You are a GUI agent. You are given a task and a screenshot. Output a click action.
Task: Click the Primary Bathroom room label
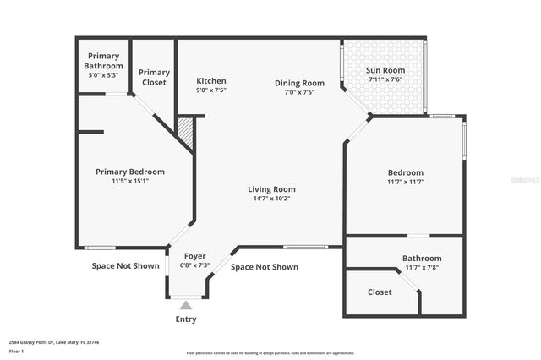(103, 61)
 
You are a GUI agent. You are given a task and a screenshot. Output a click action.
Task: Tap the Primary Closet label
(154, 77)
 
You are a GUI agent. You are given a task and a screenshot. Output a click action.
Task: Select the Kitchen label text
(210, 80)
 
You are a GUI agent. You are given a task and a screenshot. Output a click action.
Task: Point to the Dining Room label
(299, 83)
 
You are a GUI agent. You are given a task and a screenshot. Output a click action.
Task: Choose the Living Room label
(271, 189)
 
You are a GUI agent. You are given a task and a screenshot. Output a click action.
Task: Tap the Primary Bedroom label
(129, 172)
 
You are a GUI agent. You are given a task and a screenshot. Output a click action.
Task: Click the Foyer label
(194, 256)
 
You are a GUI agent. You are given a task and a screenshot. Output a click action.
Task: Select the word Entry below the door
(185, 319)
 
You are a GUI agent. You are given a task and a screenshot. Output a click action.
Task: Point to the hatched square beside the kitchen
(186, 134)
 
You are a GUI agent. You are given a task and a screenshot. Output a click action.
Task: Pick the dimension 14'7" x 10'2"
(271, 199)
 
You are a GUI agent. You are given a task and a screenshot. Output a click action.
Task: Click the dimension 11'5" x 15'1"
(129, 182)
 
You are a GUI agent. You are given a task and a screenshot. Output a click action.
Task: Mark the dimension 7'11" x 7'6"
(385, 79)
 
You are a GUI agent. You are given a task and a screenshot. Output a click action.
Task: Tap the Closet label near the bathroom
(380, 292)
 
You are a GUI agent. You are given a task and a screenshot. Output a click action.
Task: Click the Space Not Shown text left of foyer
(126, 265)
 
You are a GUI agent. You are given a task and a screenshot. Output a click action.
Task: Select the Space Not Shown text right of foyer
(265, 267)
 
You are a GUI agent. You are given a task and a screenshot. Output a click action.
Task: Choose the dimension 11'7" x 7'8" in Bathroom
(421, 268)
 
